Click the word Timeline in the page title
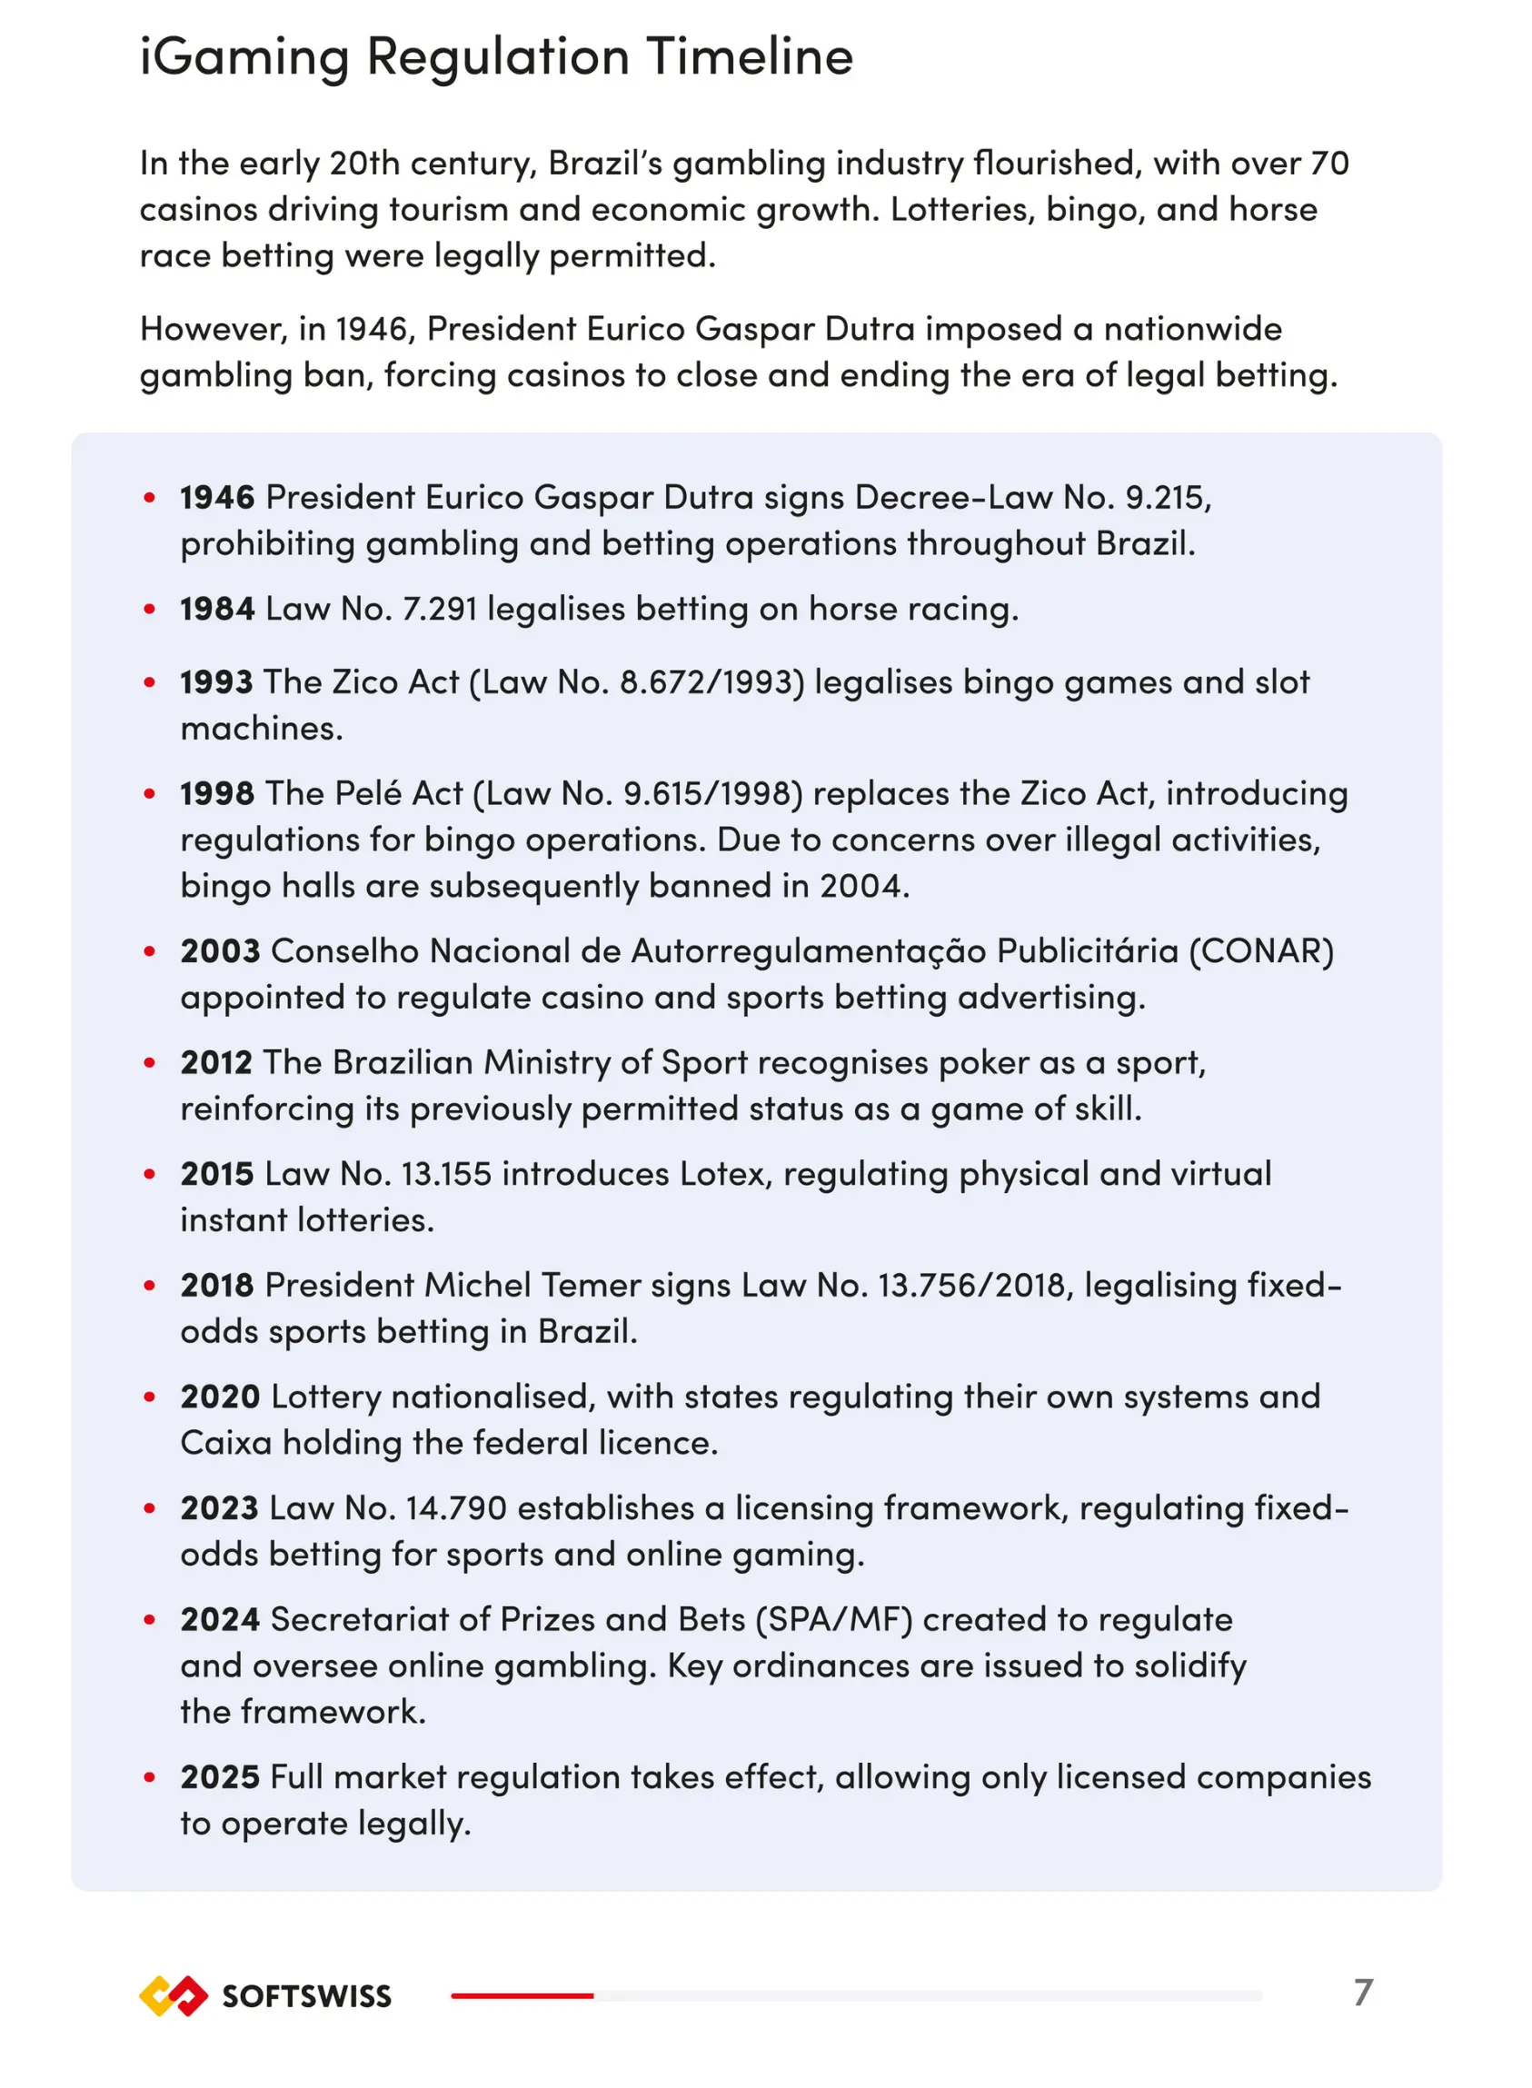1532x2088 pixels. [750, 57]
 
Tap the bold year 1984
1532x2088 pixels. [217, 609]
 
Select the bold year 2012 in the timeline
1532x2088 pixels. [216, 1062]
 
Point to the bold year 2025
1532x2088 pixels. [220, 1777]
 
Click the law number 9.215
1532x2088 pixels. [1164, 498]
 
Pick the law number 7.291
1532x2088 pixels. [440, 609]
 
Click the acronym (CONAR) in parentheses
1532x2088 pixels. [1261, 951]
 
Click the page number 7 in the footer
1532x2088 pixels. [1362, 1993]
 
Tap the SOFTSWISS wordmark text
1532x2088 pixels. [307, 1996]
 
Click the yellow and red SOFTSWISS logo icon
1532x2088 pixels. [174, 1995]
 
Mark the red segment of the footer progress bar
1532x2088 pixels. [522, 1995]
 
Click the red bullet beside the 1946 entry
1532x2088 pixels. [149, 498]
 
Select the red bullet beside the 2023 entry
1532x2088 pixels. [149, 1508]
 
